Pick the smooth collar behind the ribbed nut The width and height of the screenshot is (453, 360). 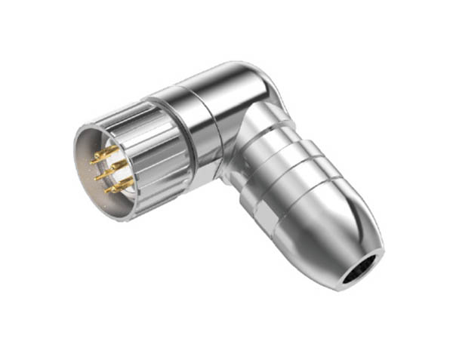coord(198,128)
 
